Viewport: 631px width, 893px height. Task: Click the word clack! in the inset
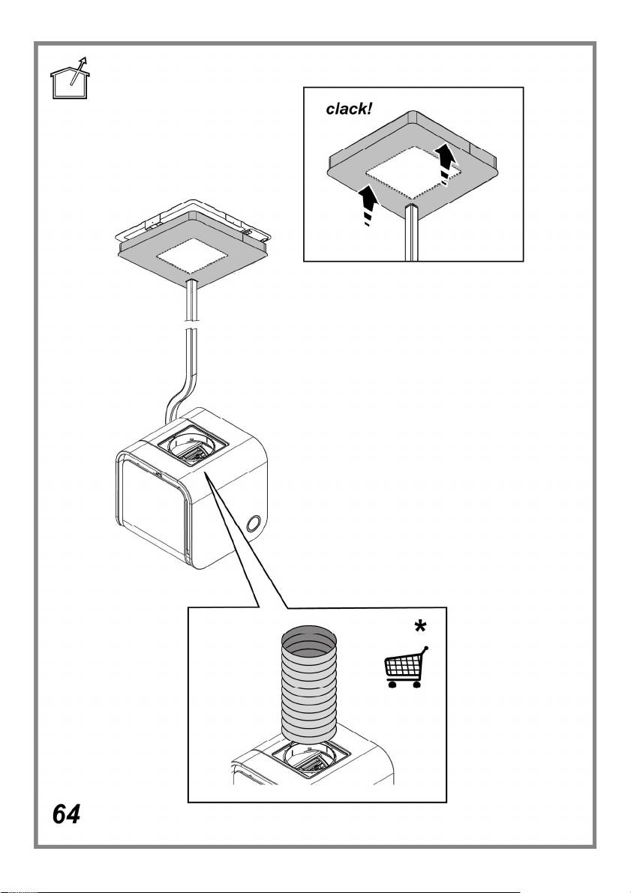coord(349,109)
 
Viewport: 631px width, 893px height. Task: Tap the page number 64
coord(66,814)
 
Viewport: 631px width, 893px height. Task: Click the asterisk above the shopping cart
coord(420,627)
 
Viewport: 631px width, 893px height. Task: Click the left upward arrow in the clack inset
coord(369,205)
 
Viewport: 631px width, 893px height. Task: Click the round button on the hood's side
coord(254,523)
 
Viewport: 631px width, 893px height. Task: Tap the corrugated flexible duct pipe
coord(309,683)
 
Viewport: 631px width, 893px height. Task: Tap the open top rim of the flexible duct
coord(309,637)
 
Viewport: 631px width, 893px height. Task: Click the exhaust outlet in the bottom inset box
coord(309,760)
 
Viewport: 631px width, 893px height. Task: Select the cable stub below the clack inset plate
coord(412,232)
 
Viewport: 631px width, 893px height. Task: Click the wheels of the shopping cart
coord(404,684)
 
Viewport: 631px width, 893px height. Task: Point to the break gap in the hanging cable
coord(192,325)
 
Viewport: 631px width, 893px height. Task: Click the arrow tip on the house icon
coord(85,58)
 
